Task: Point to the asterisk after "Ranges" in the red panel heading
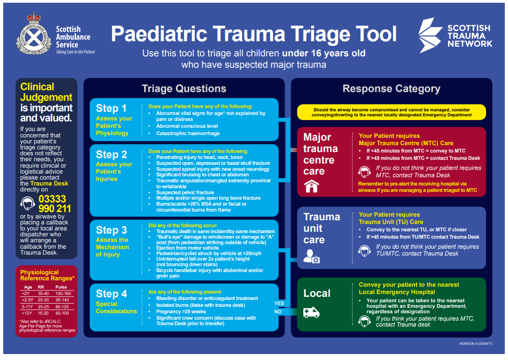[x=74, y=277]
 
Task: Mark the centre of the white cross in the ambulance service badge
[x=34, y=38]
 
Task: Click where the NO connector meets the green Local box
[x=297, y=312]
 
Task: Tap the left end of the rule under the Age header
[x=21, y=290]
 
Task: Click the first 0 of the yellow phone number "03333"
[x=42, y=199]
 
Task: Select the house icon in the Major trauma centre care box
[x=311, y=186]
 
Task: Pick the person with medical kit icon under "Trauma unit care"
[x=311, y=256]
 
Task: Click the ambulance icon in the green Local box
[x=311, y=312]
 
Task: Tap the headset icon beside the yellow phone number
[x=28, y=203]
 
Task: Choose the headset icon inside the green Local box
[x=364, y=321]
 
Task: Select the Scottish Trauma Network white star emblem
[x=430, y=35]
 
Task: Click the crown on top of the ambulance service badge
[x=34, y=17]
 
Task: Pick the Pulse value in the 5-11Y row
[x=62, y=306]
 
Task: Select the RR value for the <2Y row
[x=43, y=294]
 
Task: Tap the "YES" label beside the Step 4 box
[x=279, y=303]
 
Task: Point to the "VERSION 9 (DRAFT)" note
[x=476, y=344]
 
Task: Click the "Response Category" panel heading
[x=391, y=88]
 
